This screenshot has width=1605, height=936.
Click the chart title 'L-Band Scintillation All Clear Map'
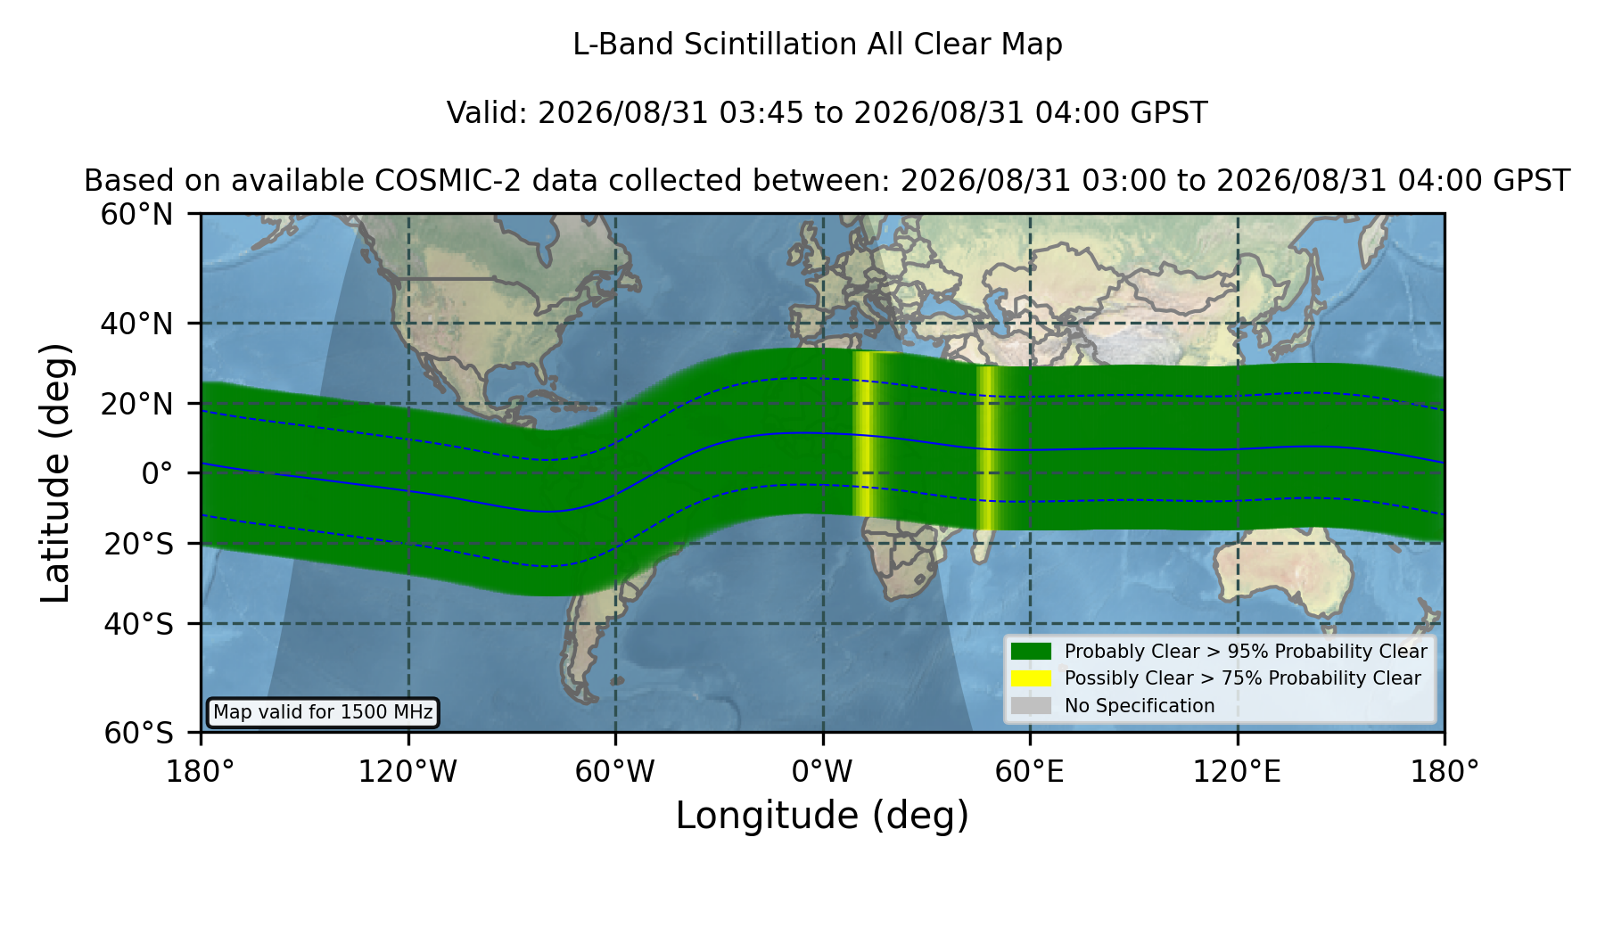click(x=817, y=44)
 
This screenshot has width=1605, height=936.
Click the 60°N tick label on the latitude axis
click(x=136, y=214)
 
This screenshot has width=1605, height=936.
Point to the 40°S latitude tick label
click(x=138, y=624)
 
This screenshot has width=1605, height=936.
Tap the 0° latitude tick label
click(x=157, y=473)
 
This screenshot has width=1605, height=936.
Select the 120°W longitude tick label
click(x=407, y=771)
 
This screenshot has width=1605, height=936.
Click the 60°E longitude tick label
click(x=1030, y=771)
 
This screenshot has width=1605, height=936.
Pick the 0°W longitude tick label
click(x=822, y=771)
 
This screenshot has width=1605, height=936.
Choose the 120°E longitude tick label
click(x=1237, y=771)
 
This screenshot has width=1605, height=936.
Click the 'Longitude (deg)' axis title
click(x=822, y=816)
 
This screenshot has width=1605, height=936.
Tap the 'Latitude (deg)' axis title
click(x=55, y=472)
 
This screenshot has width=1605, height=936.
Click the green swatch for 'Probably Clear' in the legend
click(x=1031, y=651)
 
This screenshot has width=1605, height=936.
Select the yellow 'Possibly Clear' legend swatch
click(x=1031, y=677)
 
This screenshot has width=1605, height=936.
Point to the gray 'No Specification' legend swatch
click(x=1031, y=705)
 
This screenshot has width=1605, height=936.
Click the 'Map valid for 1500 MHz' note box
click(x=323, y=712)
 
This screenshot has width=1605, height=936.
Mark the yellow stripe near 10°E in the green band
click(x=863, y=434)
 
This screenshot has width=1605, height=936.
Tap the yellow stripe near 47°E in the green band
click(x=986, y=447)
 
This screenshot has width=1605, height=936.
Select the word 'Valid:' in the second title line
click(x=488, y=113)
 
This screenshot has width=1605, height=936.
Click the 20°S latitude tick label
click(x=138, y=544)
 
